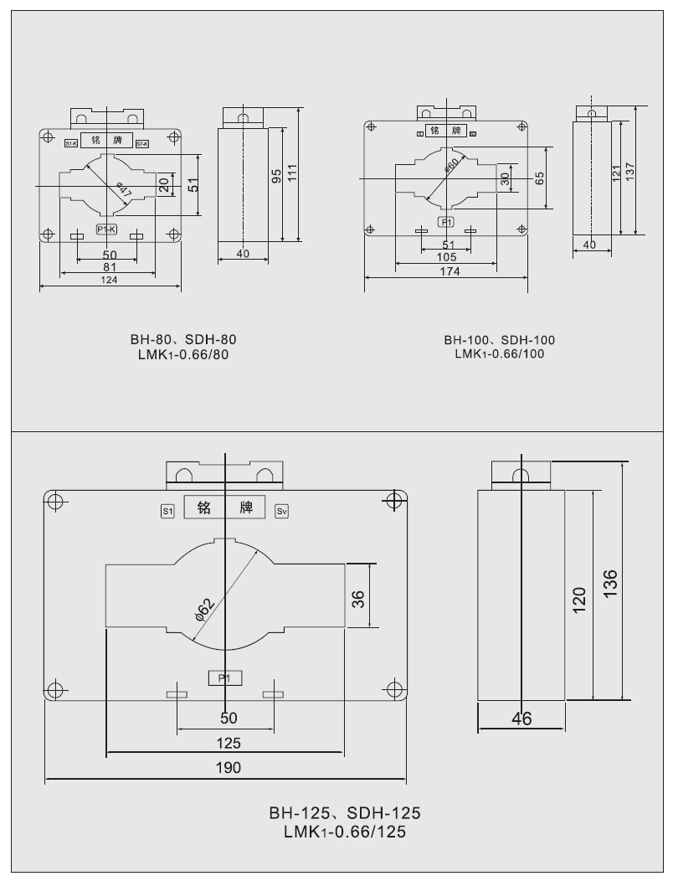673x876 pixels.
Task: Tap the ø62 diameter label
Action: pos(205,608)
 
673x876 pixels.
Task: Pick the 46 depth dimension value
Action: pos(521,719)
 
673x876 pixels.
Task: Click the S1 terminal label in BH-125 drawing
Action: pos(167,510)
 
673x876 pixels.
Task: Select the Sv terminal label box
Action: pos(281,510)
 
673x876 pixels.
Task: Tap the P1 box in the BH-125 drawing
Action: pos(224,678)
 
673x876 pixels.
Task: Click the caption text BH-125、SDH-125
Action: pos(344,813)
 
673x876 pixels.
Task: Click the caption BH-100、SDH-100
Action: pos(500,341)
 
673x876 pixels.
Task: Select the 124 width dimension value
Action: pos(110,281)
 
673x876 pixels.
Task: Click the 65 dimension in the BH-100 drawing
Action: pos(539,178)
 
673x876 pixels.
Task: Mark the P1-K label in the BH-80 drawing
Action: pos(107,229)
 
